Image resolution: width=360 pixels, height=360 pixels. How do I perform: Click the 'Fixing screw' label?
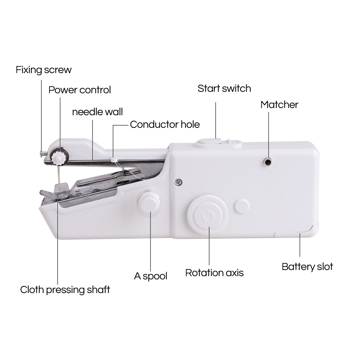tap(44, 70)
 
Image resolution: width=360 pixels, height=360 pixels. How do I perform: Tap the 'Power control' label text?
tap(80, 90)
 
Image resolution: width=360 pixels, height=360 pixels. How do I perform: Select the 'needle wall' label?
tap(97, 112)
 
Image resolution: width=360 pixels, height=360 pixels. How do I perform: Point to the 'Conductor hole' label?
tap(165, 125)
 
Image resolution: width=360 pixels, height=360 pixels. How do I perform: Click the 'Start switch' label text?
tap(224, 89)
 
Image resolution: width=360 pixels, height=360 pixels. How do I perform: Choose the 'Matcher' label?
tap(279, 105)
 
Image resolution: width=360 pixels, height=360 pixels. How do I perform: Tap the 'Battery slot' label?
tap(307, 267)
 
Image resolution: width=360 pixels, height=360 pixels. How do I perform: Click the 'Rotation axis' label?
tap(214, 273)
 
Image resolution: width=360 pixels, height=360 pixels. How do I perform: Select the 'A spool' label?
tap(150, 276)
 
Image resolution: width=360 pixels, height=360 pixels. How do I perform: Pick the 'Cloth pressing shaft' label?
tap(65, 290)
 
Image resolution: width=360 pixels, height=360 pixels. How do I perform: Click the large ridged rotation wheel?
tap(208, 215)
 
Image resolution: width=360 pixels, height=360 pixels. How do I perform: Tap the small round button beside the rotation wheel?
tap(242, 206)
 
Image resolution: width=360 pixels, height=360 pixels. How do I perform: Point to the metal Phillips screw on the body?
tap(178, 182)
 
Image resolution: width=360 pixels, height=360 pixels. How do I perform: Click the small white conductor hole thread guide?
tap(114, 159)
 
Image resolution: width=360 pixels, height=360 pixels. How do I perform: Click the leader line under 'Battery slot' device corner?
tap(300, 244)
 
